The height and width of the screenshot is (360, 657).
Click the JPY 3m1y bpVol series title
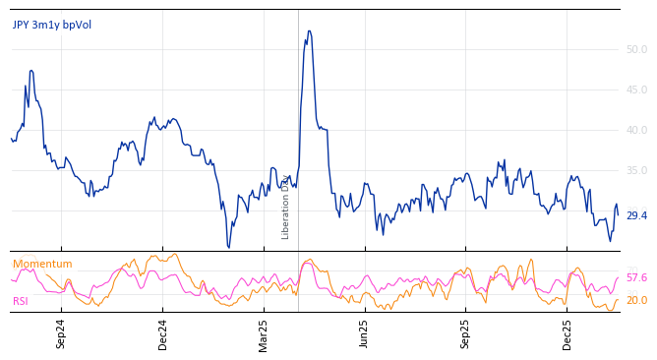(51, 25)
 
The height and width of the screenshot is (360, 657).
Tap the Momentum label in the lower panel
(42, 264)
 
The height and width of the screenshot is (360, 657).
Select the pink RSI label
(21, 301)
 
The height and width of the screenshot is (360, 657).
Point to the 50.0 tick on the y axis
(636, 49)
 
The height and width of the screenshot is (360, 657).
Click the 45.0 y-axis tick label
(636, 90)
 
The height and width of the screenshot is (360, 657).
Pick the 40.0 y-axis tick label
(636, 130)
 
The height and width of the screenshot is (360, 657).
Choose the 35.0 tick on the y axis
(636, 170)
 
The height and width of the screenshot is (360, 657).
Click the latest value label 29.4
(636, 215)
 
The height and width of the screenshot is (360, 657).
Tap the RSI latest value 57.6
(636, 278)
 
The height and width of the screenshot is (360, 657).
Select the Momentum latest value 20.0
(636, 300)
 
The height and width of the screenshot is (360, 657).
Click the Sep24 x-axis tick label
(61, 333)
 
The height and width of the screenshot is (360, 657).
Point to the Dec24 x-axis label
(163, 333)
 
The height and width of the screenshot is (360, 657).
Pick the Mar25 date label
(264, 333)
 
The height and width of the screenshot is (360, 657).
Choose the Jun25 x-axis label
(365, 333)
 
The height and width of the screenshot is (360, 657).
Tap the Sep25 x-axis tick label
(466, 333)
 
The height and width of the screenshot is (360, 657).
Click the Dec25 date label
(567, 333)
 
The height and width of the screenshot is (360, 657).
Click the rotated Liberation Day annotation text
(286, 208)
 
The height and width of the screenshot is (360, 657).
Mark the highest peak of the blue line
(309, 31)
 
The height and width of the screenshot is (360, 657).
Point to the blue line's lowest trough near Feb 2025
(228, 247)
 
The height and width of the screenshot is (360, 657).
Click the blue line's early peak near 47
(31, 71)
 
